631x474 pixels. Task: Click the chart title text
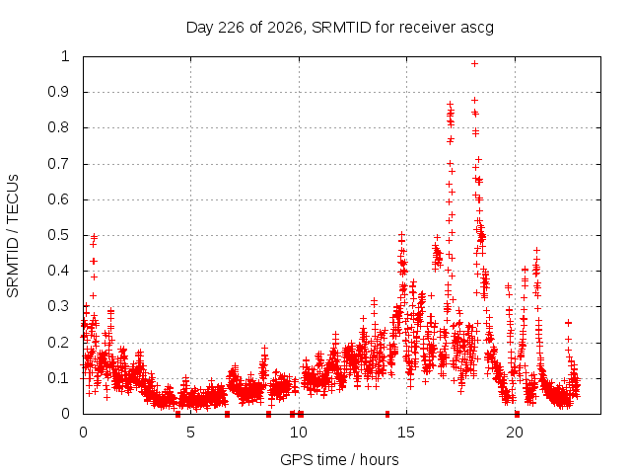pyautogui.click(x=340, y=28)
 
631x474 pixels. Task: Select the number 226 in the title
pyautogui.click(x=231, y=28)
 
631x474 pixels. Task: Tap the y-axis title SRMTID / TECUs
pyautogui.click(x=13, y=236)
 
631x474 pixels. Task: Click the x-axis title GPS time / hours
pyautogui.click(x=339, y=459)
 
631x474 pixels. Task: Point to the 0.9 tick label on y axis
pyautogui.click(x=59, y=92)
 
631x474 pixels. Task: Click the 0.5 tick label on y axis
pyautogui.click(x=59, y=235)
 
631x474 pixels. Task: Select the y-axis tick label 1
pyautogui.click(x=66, y=56)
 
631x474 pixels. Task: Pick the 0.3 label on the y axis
pyautogui.click(x=59, y=306)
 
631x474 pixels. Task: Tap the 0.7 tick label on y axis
pyautogui.click(x=59, y=164)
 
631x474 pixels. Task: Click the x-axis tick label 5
pyautogui.click(x=190, y=433)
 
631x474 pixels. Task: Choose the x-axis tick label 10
pyautogui.click(x=298, y=433)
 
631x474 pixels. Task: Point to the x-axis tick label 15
pyautogui.click(x=406, y=433)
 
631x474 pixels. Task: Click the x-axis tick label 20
pyautogui.click(x=515, y=433)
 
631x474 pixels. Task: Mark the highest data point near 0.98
pyautogui.click(x=475, y=63)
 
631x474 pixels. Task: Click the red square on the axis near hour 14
pyautogui.click(x=387, y=414)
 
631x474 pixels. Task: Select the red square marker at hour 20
pyautogui.click(x=517, y=414)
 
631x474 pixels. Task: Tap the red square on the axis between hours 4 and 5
pyautogui.click(x=177, y=414)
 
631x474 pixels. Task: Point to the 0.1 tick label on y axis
pyautogui.click(x=59, y=378)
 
